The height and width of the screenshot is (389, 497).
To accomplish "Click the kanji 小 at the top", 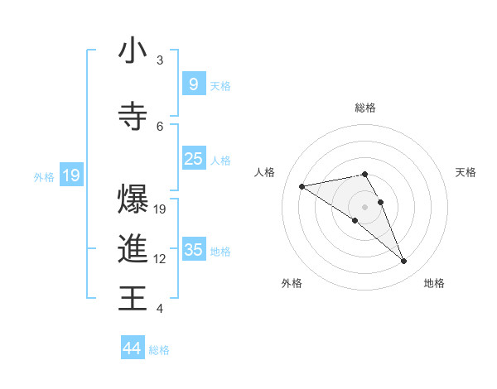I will click(133, 51).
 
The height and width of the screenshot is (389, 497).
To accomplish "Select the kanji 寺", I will click(133, 116).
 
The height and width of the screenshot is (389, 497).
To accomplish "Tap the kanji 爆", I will click(133, 200).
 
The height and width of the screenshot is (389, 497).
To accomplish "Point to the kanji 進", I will click(133, 249).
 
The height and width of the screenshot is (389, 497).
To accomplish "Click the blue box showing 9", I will click(193, 84).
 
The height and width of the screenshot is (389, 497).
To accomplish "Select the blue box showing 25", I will click(193, 159).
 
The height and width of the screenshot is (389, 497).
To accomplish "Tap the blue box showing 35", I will click(193, 249).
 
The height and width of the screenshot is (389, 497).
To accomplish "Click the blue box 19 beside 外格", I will click(70, 175).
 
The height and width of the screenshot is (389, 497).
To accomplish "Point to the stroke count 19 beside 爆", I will click(161, 209).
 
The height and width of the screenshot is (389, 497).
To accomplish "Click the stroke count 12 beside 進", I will click(161, 259).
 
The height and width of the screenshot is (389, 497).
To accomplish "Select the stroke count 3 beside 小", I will click(160, 60).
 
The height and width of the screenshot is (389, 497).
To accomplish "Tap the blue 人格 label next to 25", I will click(220, 160).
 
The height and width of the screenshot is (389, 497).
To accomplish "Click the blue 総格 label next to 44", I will click(159, 350).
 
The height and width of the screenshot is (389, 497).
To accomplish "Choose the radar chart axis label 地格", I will click(434, 284).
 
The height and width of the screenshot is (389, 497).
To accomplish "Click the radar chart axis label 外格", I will click(292, 284).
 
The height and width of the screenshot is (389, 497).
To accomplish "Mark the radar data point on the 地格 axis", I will click(404, 262).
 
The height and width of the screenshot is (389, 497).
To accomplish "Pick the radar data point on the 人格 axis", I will click(302, 186).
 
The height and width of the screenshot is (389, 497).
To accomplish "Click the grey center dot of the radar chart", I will click(364, 206).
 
